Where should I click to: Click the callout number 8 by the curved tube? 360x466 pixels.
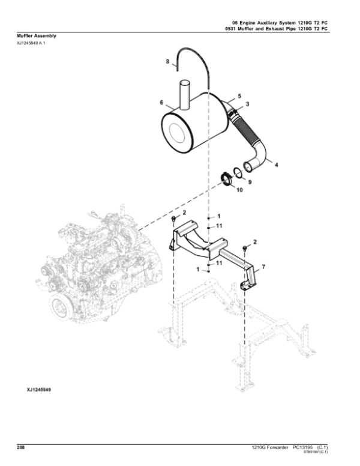point(167,61)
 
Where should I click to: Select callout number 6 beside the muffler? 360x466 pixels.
point(161,103)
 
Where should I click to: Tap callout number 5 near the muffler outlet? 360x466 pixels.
point(239,96)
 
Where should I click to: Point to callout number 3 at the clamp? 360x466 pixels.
point(247,104)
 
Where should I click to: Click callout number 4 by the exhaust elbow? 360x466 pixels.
point(276,165)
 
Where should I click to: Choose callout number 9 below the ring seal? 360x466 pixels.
point(250,182)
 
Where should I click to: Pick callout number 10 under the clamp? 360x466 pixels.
point(239,190)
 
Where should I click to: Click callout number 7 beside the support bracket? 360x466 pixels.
point(263,267)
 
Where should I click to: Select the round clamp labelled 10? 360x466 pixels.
point(227,179)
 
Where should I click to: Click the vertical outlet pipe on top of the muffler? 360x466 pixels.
point(185,94)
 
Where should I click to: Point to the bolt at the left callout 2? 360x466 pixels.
point(174,219)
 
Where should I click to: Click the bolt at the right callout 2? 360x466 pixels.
point(245,249)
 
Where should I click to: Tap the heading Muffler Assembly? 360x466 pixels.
point(36,36)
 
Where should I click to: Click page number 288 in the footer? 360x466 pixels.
point(21,447)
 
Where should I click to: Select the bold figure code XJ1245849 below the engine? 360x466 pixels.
point(39,390)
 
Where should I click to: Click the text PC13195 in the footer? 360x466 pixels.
point(302,447)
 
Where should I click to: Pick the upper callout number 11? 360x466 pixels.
point(219,226)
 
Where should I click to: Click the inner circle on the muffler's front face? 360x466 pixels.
point(177,133)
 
